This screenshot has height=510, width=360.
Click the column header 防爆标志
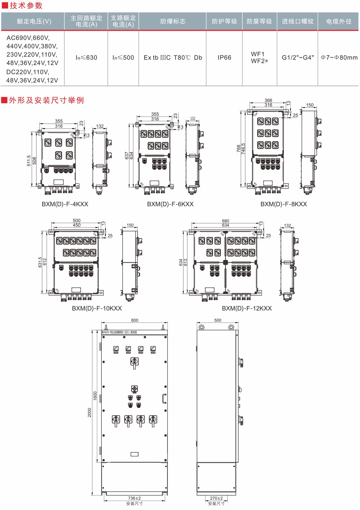tap(173, 21)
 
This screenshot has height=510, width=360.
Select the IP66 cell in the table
tap(224, 58)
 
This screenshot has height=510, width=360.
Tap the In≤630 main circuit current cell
tap(86, 58)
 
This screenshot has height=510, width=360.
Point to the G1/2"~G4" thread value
tap(298, 58)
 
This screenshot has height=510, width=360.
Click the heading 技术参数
tap(26, 6)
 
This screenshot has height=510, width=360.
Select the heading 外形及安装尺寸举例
tap(46, 100)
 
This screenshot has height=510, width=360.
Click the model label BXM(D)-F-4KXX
tap(65, 204)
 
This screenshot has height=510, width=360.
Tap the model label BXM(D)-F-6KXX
tap(170, 204)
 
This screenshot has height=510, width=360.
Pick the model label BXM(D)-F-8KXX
tap(284, 204)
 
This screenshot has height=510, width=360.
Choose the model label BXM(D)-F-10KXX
tap(97, 308)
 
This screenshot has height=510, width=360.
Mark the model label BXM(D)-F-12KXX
tap(247, 308)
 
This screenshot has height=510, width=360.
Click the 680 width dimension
tap(225, 221)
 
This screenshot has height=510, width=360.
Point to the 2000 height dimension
tap(89, 412)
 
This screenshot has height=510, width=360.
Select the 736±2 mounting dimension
tap(135, 498)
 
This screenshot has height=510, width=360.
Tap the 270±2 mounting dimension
tap(216, 498)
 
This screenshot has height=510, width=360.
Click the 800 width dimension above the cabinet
tap(135, 320)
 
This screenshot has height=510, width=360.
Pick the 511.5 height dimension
tap(29, 161)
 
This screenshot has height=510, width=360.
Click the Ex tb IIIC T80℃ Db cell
tap(173, 58)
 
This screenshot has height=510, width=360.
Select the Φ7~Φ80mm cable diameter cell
tap(339, 58)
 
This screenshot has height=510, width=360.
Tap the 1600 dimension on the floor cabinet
tap(95, 396)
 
